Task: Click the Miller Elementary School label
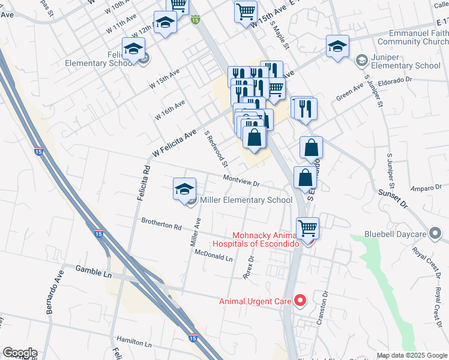[246, 200]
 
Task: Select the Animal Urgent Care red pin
[301, 300]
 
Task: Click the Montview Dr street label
[241, 180]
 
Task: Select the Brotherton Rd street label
[161, 224]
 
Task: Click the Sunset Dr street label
[393, 197]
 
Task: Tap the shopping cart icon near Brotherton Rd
[308, 227]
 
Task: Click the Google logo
[20, 353]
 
